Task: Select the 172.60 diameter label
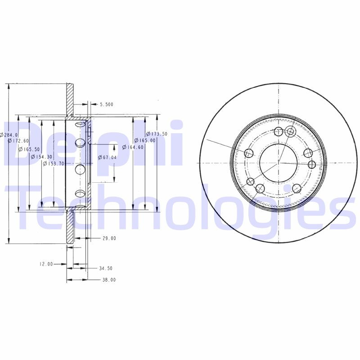click(x=19, y=141)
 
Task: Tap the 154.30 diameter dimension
click(x=41, y=156)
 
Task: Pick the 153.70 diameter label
click(x=54, y=163)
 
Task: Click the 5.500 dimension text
click(x=106, y=104)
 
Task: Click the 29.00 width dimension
click(x=109, y=238)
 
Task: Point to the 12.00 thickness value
click(x=45, y=264)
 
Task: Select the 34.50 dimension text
click(x=106, y=268)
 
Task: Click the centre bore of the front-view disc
click(x=278, y=162)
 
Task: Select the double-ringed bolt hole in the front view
click(x=290, y=131)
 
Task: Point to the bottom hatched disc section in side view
click(x=70, y=228)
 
